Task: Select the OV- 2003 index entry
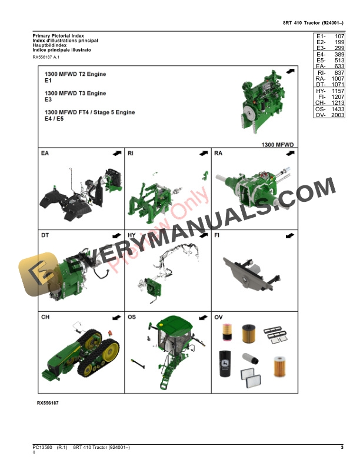point(329,116)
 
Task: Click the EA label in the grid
point(45,154)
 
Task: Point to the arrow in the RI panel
point(204,153)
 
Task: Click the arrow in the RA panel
point(289,153)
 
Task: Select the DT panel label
point(45,235)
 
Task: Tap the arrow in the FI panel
point(289,235)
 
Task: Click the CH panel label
point(45,317)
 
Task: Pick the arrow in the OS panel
point(204,317)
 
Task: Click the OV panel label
point(219,317)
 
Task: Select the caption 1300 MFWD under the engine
point(278,143)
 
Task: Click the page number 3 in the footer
point(342,448)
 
